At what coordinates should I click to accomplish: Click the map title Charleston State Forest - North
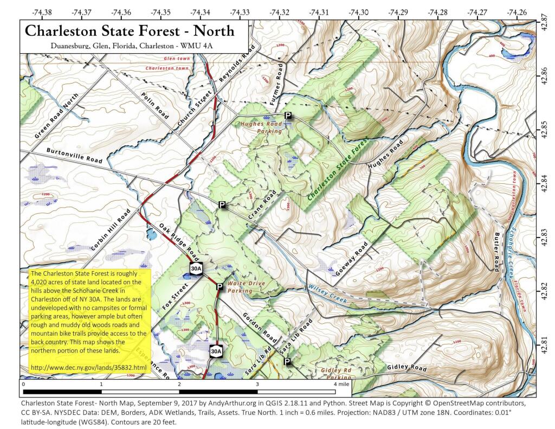[130, 30]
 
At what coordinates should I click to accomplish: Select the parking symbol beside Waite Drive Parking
[220, 286]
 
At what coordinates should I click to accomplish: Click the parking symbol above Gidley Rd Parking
[287, 361]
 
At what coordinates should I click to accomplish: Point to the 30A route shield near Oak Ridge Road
[196, 268]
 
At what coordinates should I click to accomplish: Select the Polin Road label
[155, 105]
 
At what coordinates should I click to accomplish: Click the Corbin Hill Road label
[111, 229]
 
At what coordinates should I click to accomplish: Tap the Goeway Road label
[352, 259]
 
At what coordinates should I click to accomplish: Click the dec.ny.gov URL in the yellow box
[88, 368]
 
